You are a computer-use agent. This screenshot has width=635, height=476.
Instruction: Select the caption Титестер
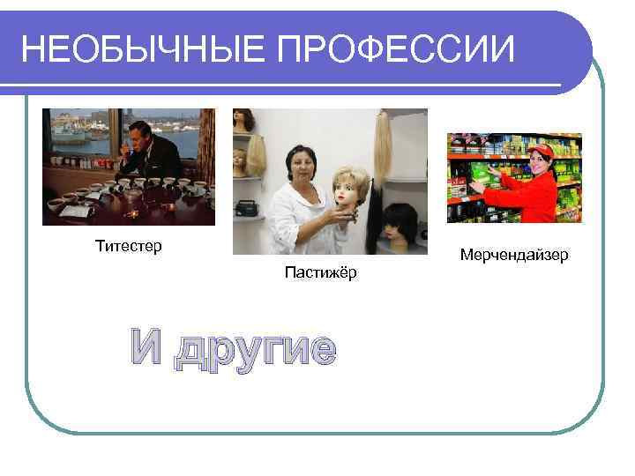pos(129,246)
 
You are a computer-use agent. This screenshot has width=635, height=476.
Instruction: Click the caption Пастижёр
pos(321,273)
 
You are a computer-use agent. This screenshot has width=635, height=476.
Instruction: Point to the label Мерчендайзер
pos(514,255)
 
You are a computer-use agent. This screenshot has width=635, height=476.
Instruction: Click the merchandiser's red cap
pos(542,152)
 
